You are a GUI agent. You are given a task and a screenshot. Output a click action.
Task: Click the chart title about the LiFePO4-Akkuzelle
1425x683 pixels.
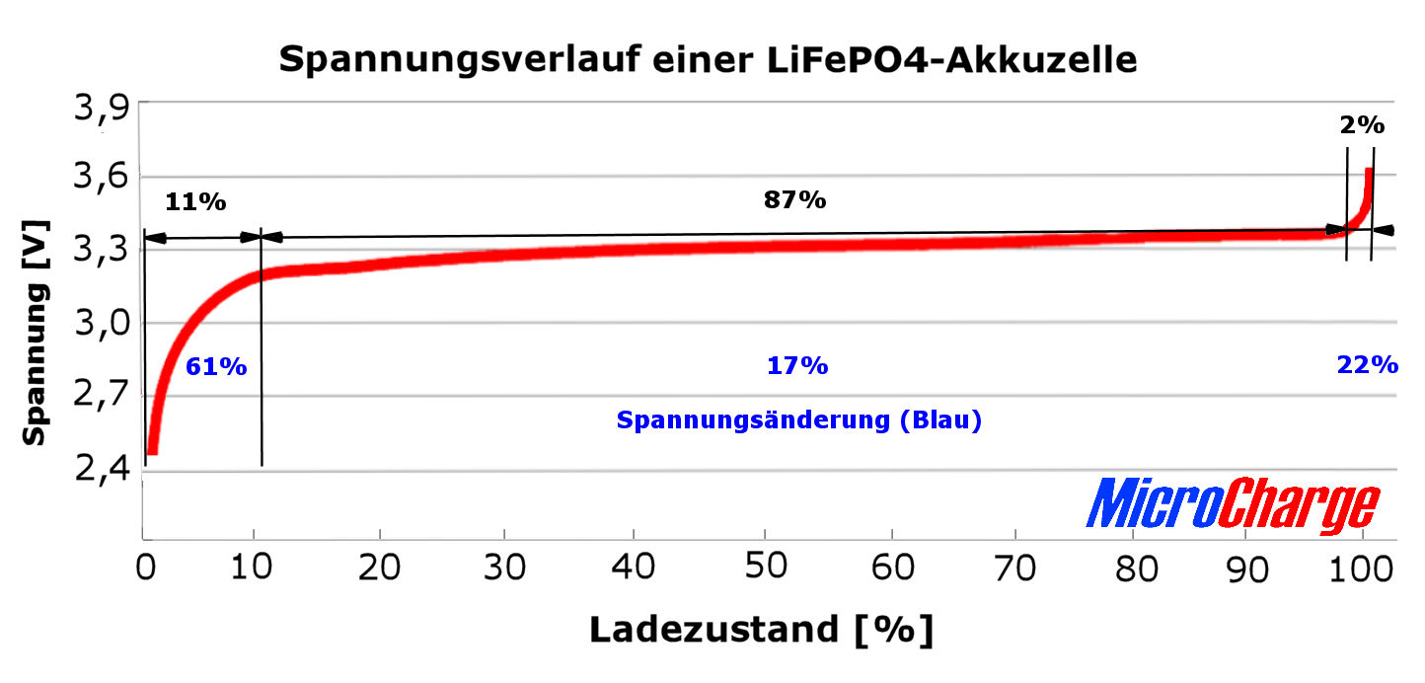[x=708, y=59]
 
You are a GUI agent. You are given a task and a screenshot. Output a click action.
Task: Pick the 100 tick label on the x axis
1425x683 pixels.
[x=1362, y=566]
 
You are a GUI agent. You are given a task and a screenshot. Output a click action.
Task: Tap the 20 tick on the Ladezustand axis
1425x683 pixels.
[x=379, y=566]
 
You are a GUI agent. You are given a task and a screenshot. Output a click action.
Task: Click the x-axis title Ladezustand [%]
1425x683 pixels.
[x=761, y=629]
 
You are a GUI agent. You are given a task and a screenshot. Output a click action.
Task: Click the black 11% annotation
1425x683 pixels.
[x=195, y=202]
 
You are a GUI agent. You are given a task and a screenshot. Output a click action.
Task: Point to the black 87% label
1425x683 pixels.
[x=794, y=199]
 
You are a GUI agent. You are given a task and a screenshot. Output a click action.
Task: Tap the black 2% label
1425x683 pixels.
[x=1362, y=125]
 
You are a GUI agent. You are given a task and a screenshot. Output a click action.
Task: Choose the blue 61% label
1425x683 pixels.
[x=216, y=366]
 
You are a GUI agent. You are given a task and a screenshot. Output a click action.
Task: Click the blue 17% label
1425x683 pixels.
[x=797, y=366]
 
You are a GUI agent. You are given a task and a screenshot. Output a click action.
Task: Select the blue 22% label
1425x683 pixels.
[x=1367, y=364]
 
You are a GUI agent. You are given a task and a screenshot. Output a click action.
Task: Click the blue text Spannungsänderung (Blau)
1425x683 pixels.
[x=798, y=420]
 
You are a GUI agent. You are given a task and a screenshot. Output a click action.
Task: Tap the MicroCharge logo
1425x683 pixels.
[x=1233, y=505]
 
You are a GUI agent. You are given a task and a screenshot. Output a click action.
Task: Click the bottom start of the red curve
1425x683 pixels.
[x=152, y=451]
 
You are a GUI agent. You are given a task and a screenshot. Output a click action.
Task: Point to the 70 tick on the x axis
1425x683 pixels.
[x=1015, y=566]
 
